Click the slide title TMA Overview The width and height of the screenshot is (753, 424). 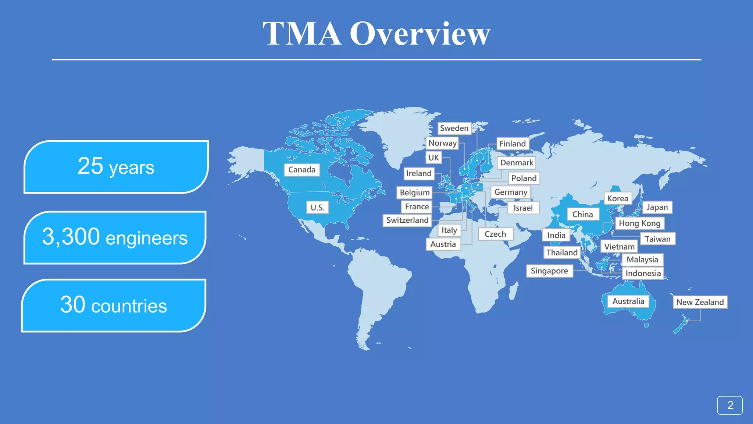(x=376, y=34)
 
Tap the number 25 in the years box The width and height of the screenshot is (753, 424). (x=90, y=166)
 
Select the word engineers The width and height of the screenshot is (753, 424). (x=146, y=238)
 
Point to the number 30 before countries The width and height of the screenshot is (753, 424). (x=72, y=305)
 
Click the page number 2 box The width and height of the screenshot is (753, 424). (x=730, y=405)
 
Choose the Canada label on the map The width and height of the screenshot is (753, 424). (x=301, y=170)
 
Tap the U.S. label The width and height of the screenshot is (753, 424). (x=317, y=208)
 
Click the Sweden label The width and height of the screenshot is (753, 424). (x=454, y=128)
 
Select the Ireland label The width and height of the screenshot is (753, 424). (x=419, y=173)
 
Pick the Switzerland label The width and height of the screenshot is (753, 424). (x=407, y=220)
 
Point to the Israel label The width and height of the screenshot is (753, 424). (x=523, y=208)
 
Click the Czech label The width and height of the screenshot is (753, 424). (x=495, y=234)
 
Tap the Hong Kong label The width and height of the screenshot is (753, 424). (x=639, y=223)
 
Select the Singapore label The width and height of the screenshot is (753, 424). (x=549, y=271)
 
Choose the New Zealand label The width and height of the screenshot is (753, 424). (x=700, y=302)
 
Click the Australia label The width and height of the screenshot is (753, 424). (x=628, y=301)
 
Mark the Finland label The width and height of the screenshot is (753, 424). (x=512, y=144)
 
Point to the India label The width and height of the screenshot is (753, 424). (x=556, y=235)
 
